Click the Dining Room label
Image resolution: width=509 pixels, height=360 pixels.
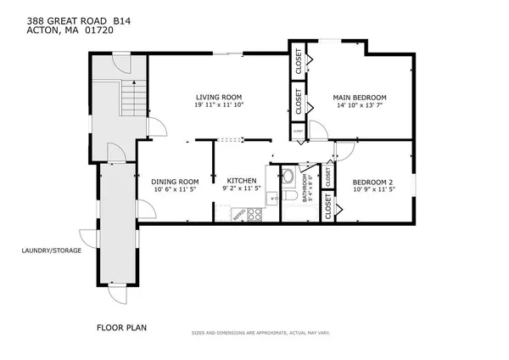(x=176, y=181)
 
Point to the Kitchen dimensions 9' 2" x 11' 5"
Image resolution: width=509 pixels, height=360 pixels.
(x=241, y=189)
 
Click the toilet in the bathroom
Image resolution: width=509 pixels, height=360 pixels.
(x=287, y=177)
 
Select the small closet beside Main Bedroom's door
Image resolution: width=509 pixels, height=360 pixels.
(x=298, y=132)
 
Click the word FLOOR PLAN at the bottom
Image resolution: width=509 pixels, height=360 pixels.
(x=119, y=325)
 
